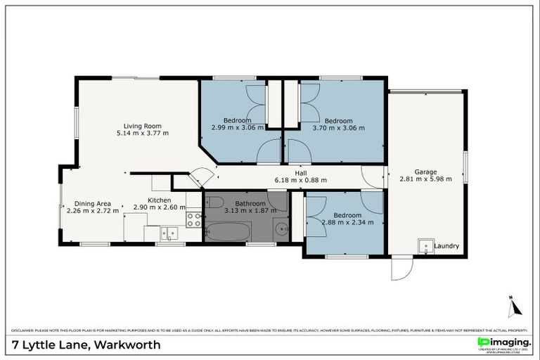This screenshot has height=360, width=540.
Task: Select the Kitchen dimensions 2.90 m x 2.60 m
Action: coord(159,207)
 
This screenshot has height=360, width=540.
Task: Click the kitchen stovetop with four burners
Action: coord(193,220)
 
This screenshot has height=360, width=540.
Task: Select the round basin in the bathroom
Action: coord(281,228)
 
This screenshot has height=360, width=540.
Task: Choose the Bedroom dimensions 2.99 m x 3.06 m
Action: coord(237,128)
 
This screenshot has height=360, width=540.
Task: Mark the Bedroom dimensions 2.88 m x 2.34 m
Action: coord(347,222)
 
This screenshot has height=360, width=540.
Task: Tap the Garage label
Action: coord(425,172)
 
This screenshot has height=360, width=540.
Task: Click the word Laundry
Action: coord(446,246)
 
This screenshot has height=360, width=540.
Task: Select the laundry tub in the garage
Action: coord(424,245)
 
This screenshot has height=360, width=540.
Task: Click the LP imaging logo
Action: coord(503,343)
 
